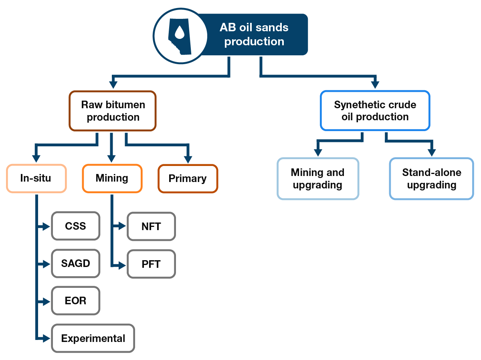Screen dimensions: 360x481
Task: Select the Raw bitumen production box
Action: (x=113, y=111)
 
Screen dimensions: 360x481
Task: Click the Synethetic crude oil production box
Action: (x=375, y=111)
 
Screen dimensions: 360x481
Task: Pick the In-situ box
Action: (x=36, y=178)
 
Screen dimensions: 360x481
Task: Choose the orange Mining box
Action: (x=112, y=178)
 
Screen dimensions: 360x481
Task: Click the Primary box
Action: (x=188, y=179)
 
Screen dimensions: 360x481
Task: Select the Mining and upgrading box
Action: (x=317, y=179)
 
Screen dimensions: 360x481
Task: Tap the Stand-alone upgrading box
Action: (x=431, y=179)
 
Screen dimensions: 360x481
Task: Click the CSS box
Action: (x=75, y=226)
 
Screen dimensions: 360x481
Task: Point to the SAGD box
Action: (x=75, y=263)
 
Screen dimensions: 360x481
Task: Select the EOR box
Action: (x=75, y=301)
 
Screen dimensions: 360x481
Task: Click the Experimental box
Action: (x=93, y=338)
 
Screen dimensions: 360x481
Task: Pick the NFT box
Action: (x=151, y=227)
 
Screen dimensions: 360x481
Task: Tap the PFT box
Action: (x=151, y=264)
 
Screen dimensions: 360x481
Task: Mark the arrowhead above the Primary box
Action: (x=188, y=160)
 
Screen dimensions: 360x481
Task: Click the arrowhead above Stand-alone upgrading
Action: (x=431, y=152)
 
